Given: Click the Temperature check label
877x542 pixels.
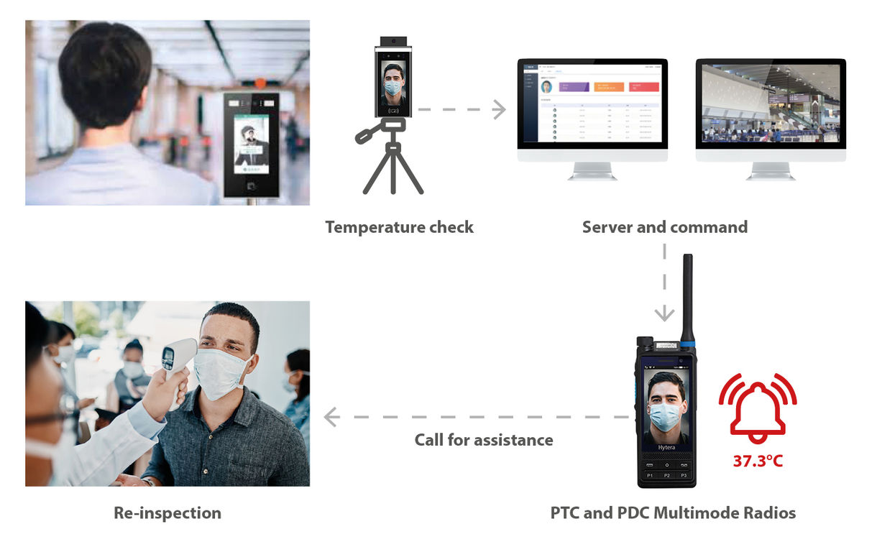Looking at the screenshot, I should [399, 227].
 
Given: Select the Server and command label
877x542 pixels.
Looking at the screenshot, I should [664, 227].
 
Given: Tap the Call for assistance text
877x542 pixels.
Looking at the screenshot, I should [484, 439].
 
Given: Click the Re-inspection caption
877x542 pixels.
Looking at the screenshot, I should [167, 513].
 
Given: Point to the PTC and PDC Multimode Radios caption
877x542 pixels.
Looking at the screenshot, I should [673, 513].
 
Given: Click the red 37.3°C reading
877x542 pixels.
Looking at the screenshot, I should [758, 461].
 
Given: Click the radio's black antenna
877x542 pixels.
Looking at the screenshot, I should [687, 295].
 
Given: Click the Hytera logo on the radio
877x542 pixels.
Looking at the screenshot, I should [666, 447].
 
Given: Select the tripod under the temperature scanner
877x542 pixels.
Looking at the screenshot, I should [392, 165].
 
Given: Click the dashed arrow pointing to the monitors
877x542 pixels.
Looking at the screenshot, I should [460, 110].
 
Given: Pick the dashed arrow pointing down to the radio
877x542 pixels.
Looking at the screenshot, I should [664, 284].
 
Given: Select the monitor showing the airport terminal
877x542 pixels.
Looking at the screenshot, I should [771, 104].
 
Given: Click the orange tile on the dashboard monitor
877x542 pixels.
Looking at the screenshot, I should [609, 87].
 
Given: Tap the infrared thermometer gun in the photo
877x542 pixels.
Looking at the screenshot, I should [175, 363].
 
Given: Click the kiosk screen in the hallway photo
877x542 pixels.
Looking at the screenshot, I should [251, 141].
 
